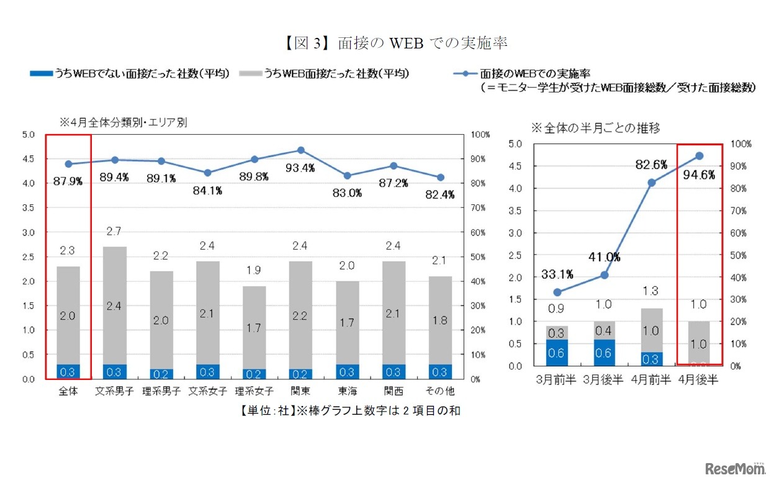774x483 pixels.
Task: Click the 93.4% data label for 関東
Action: [x=300, y=168]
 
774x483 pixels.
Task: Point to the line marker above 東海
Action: [x=347, y=176]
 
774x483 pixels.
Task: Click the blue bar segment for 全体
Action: [x=68, y=371]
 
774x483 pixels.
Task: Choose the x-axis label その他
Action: [x=440, y=391]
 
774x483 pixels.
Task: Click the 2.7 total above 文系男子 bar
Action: [x=115, y=232]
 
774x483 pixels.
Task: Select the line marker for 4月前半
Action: [x=652, y=183]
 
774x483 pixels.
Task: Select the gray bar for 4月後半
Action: [x=700, y=343]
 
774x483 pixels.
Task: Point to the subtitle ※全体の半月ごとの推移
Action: [x=595, y=128]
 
